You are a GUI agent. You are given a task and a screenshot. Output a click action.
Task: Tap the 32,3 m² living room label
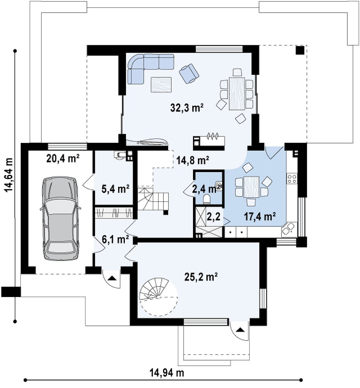187,108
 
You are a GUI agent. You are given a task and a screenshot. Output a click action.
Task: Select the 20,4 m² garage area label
63,159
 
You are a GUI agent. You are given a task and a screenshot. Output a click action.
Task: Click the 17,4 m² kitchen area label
260,217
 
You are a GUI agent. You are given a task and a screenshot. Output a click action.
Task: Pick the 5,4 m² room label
115,189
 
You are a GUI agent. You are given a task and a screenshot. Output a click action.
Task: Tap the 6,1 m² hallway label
115,239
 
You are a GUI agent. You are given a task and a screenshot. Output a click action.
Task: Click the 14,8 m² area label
193,161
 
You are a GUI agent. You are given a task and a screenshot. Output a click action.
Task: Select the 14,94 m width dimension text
167,372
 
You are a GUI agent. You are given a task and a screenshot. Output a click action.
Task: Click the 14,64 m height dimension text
9,175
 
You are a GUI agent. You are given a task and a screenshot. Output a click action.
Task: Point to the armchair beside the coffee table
189,73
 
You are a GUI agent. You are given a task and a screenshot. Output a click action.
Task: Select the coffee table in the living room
161,85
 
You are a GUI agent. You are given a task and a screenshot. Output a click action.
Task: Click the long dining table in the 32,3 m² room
237,93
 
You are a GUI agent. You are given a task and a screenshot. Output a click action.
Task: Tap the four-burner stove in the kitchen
292,179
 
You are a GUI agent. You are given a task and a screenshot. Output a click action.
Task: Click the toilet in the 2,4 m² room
206,199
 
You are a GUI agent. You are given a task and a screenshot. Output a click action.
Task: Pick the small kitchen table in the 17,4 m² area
251,187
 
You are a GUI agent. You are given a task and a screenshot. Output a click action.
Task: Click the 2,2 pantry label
213,217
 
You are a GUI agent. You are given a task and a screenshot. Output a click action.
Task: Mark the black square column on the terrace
300,50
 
